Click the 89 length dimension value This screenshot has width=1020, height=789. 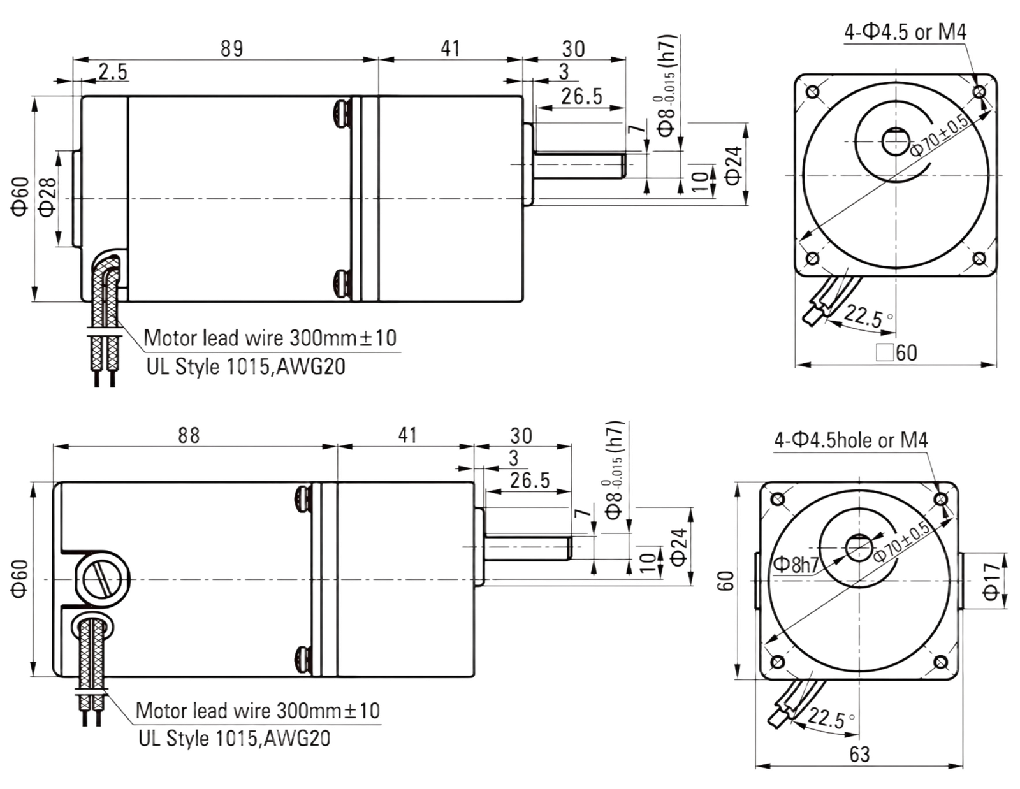pyautogui.click(x=232, y=49)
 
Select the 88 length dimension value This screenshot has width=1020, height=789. pyautogui.click(x=189, y=435)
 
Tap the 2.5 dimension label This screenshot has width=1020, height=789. pyautogui.click(x=113, y=72)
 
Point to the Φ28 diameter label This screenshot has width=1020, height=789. pyautogui.click(x=47, y=198)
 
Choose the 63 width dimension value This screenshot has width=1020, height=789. pyautogui.click(x=859, y=755)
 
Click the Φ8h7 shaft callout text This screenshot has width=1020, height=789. pyautogui.click(x=796, y=565)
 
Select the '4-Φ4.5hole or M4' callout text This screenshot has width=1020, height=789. pyautogui.click(x=851, y=440)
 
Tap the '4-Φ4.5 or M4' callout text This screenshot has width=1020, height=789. pyautogui.click(x=905, y=32)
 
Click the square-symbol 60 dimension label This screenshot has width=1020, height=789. pyautogui.click(x=896, y=352)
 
